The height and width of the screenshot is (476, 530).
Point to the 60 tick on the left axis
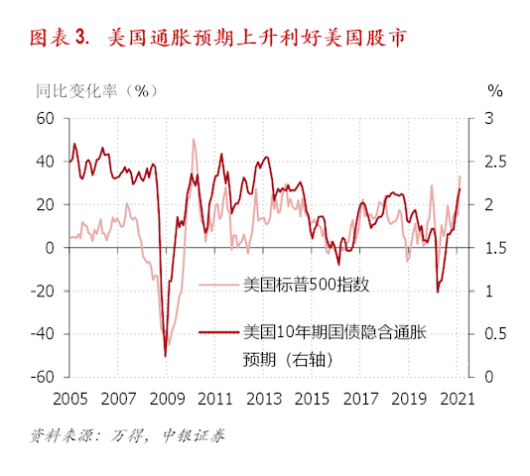coord(45,118)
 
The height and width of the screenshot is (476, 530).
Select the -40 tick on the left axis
coord(41,334)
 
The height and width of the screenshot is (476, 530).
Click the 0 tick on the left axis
coord(49,248)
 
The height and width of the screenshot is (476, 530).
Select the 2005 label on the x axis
coord(68,398)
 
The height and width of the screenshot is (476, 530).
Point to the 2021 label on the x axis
coord(455,398)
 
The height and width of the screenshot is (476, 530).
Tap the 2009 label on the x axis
coord(165,398)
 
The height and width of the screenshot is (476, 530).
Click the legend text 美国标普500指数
coord(307,286)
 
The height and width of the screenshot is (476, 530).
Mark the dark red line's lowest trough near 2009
coord(165,355)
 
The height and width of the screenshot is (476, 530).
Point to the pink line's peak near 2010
coord(193,140)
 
